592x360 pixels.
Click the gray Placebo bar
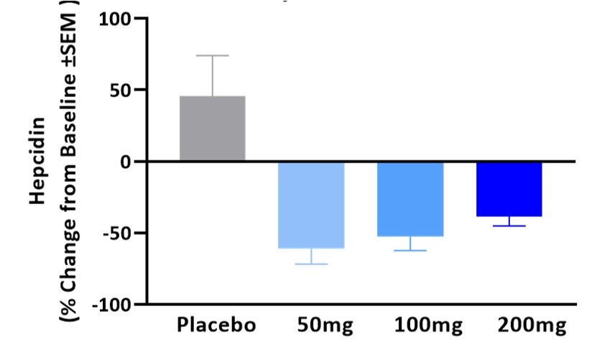(x=212, y=129)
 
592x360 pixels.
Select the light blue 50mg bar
(x=311, y=205)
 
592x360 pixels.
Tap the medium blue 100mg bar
(x=410, y=199)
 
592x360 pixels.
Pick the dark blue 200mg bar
(x=509, y=189)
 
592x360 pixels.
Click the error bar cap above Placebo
(x=212, y=55)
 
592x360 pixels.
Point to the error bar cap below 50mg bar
(x=311, y=264)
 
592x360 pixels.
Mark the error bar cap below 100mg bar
(x=410, y=250)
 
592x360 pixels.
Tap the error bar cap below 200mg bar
(x=509, y=226)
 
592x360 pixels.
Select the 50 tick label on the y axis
(x=126, y=91)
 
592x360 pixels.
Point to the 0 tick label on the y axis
(x=132, y=162)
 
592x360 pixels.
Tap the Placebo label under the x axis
(x=216, y=326)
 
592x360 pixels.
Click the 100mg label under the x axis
(x=428, y=326)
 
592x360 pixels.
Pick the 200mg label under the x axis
(x=531, y=326)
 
